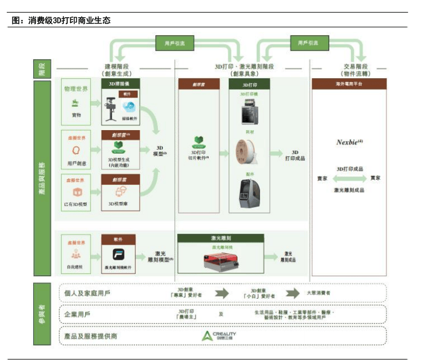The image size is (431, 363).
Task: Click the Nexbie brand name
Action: coord(347,142)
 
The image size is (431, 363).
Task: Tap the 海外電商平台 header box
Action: coord(348,83)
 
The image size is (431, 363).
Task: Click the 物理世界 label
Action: coord(75,89)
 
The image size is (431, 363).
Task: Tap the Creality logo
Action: coord(218,336)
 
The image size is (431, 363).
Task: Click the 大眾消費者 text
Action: coord(318,293)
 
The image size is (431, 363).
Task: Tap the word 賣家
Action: coord(322,179)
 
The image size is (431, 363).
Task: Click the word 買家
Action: coord(375,179)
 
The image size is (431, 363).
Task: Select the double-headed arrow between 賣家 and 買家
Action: coord(349,179)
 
